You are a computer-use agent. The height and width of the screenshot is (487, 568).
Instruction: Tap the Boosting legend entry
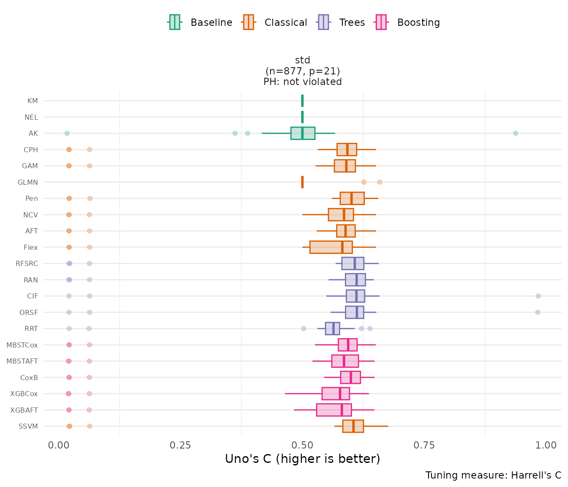[408, 22]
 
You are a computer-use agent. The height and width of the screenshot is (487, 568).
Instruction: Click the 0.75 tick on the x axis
[424, 445]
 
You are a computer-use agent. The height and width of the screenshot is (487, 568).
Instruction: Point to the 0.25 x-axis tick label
[180, 445]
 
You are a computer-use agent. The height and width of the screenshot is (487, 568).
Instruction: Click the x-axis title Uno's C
[303, 459]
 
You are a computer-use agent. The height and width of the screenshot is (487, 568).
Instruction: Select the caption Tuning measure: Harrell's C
[493, 475]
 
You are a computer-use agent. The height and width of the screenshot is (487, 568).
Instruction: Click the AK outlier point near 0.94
[516, 133]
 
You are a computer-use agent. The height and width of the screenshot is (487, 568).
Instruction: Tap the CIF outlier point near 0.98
[538, 296]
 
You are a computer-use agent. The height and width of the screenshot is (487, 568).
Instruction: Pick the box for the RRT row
[332, 328]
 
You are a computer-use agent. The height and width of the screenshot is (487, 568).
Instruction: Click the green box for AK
[303, 133]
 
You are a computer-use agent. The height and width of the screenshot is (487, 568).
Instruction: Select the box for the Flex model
[331, 247]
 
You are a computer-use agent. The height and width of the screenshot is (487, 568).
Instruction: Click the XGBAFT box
[334, 410]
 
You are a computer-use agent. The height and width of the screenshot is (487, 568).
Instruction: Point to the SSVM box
[353, 426]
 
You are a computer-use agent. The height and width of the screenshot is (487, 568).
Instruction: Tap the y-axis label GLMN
[28, 182]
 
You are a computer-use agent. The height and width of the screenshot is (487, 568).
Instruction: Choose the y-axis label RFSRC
[27, 263]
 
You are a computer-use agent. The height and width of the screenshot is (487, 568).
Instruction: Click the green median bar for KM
[302, 101]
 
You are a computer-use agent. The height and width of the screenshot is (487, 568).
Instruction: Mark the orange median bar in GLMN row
[302, 182]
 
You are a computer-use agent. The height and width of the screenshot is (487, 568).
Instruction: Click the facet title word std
[303, 60]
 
